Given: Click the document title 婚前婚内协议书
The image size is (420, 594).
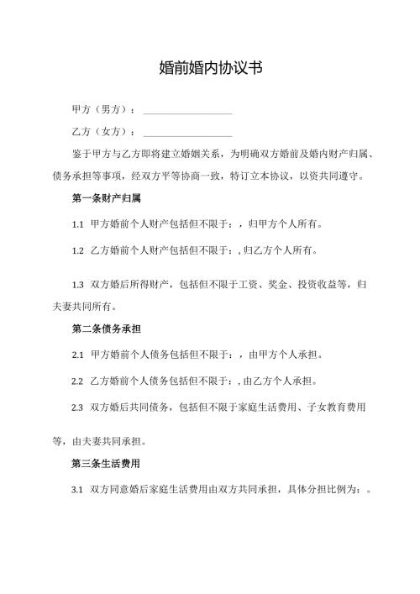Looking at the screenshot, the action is pyautogui.click(x=210, y=69).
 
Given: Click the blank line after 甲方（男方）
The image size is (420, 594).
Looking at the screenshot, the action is pyautogui.click(x=187, y=111).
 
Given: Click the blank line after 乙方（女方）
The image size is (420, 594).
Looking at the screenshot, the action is pyautogui.click(x=187, y=133).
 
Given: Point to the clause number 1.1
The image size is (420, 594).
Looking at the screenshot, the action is pyautogui.click(x=78, y=224).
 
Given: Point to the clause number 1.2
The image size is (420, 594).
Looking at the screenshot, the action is pyautogui.click(x=78, y=250).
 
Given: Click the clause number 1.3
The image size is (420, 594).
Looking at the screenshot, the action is pyautogui.click(x=78, y=285).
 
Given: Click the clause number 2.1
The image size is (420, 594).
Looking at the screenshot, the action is pyautogui.click(x=78, y=355).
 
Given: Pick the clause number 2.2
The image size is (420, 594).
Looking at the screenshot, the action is pyautogui.click(x=78, y=381).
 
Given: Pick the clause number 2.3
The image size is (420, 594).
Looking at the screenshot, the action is pyautogui.click(x=78, y=407).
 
